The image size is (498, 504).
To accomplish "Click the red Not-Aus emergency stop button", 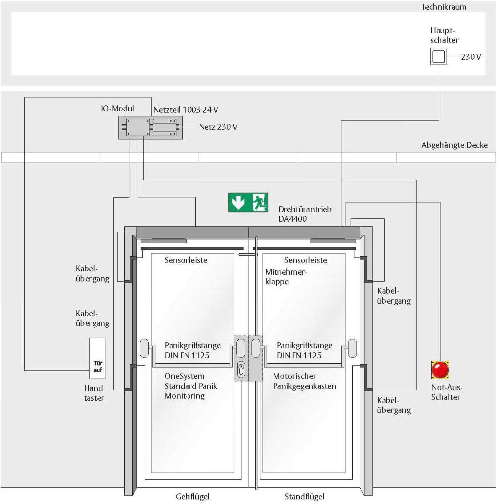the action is point(440,370).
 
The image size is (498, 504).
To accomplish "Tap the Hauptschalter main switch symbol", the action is point(439,56).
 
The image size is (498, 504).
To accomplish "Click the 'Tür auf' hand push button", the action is point(98,358).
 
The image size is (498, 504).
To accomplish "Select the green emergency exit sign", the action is point(248,202).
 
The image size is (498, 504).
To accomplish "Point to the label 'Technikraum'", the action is point(444,7).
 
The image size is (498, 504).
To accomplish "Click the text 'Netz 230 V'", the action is point(218,127).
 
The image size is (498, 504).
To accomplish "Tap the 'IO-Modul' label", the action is point(118,108).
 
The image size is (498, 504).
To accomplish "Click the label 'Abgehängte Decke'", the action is point(455,145).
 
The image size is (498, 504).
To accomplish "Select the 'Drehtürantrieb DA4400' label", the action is point(305,214).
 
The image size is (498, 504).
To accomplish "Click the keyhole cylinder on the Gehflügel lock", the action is point(241,370).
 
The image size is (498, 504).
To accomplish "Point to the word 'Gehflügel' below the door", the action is point(193,496).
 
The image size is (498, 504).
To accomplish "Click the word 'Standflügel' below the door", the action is point(304,496).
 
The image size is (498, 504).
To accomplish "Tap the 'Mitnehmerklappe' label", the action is point(286,277).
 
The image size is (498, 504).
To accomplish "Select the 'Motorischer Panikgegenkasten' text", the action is point(305,381).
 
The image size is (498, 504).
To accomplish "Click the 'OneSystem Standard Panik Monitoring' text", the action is point(191,386).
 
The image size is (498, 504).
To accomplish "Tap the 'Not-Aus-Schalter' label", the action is point(447,392).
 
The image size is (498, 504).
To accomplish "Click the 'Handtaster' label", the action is point(94,393).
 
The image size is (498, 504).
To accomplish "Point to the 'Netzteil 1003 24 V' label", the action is point(186,110).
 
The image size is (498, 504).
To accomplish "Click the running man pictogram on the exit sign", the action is point(260,202).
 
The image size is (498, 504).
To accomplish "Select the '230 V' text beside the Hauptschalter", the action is point(471,57).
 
